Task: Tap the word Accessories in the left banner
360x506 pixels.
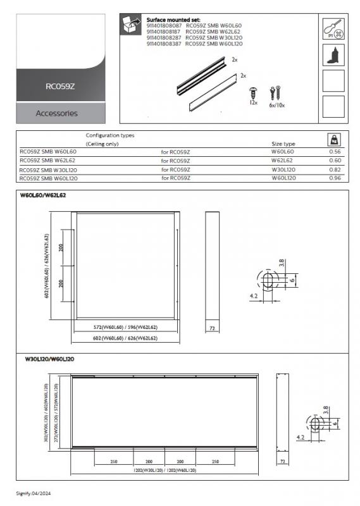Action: click(57, 113)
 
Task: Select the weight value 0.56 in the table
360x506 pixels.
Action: click(335, 152)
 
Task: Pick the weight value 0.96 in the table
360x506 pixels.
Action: click(335, 178)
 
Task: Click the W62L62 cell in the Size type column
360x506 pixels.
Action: click(283, 161)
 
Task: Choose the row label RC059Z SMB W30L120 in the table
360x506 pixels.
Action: click(49, 170)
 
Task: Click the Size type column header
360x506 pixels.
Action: click(283, 144)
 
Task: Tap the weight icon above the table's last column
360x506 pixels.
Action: click(335, 139)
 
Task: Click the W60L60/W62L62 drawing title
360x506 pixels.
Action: click(45, 195)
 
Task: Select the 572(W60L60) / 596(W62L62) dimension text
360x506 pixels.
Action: click(125, 327)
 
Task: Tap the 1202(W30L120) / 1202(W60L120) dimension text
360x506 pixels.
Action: click(164, 471)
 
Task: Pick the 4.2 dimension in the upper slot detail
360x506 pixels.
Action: click(252, 295)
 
